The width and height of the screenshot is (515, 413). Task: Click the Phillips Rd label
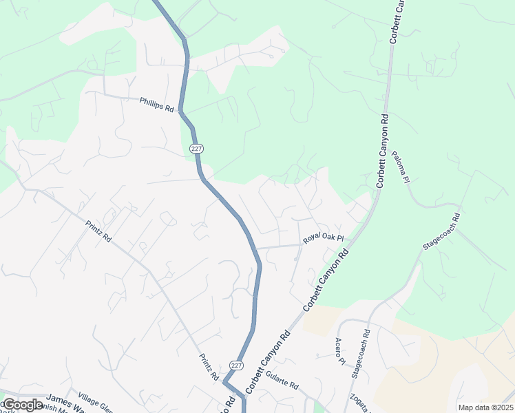point(156,103)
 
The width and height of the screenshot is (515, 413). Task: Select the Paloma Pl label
point(401,169)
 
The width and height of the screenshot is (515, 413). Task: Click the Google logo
point(23,404)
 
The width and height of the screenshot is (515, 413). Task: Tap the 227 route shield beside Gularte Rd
point(235,365)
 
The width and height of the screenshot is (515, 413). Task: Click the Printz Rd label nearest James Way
point(209,367)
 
